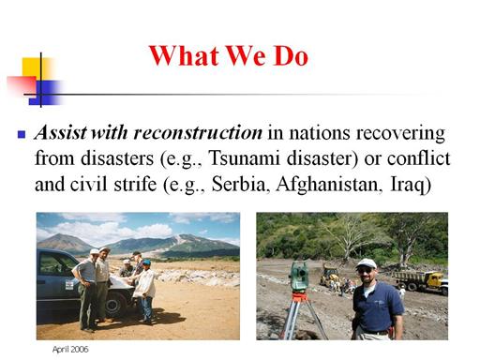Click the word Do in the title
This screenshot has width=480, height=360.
pos(292,55)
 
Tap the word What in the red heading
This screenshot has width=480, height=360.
pos(184,55)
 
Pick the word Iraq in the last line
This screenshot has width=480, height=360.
pos(411,185)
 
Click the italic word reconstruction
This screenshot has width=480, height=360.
pos(198,132)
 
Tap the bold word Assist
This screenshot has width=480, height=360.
pos(61,132)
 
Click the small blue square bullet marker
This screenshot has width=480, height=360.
pos(22,134)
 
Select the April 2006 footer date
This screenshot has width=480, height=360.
pos(70,350)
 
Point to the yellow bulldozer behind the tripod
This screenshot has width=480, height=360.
pos(329,275)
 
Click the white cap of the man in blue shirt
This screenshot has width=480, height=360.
pos(366,263)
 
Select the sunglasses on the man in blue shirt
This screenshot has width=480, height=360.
pos(365,271)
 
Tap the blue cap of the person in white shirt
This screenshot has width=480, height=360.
pos(146,262)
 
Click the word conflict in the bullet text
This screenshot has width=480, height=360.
pos(418,157)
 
